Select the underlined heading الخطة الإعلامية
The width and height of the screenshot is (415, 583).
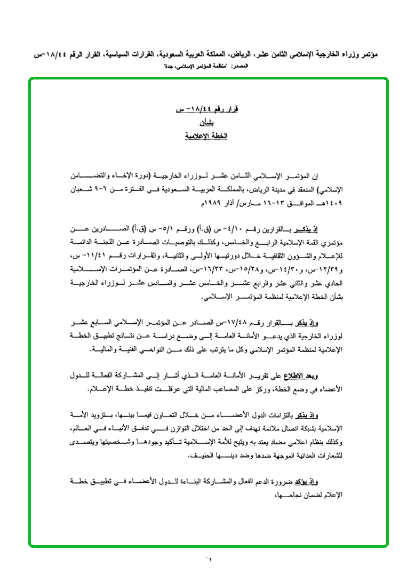pos(206,137)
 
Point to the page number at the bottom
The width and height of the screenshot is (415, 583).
pos(207,560)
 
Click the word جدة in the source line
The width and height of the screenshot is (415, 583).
pos(170,66)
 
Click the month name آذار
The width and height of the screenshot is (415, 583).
pos(219,203)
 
